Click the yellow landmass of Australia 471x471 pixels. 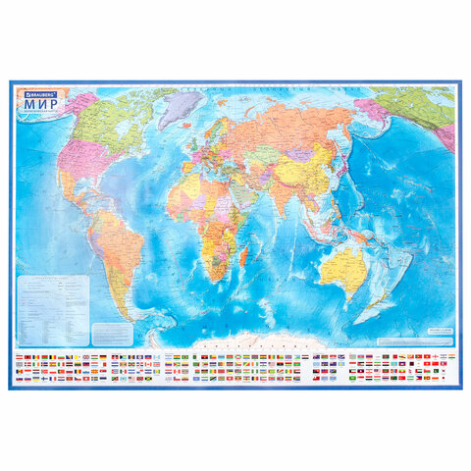point(345,263)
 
